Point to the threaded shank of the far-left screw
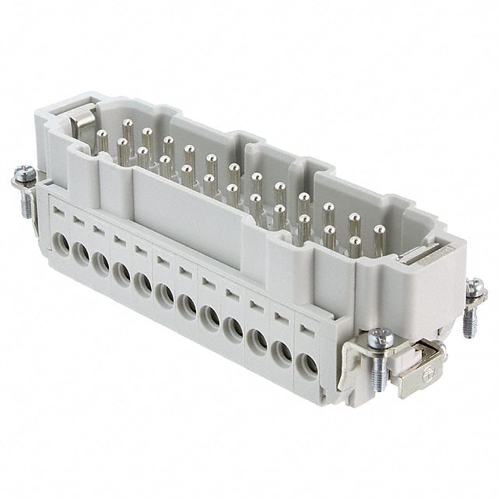[x=26, y=204]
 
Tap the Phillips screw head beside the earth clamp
[x=381, y=338]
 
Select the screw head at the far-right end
[x=474, y=289]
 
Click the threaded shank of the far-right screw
[x=469, y=321]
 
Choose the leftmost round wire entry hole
[x=61, y=247]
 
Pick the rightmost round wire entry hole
[x=307, y=364]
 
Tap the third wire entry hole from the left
[x=100, y=264]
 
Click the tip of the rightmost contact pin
[x=379, y=230]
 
